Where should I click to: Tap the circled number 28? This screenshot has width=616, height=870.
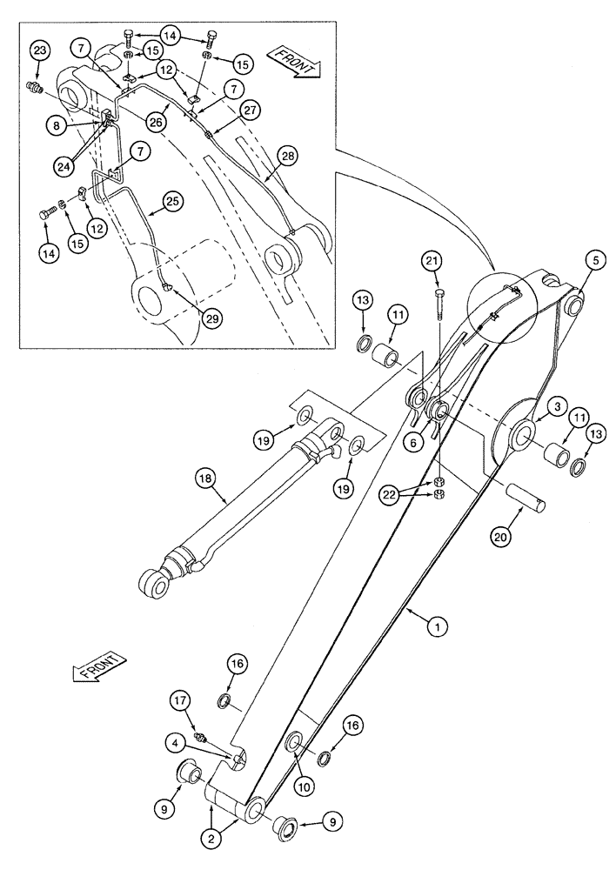[x=263, y=155]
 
